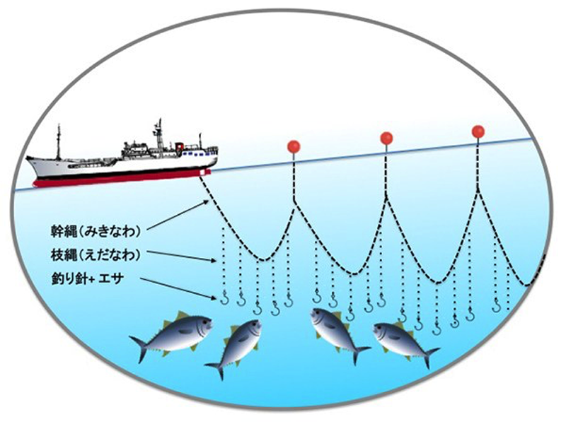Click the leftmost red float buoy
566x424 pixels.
(294, 146)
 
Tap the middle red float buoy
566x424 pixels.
(386, 139)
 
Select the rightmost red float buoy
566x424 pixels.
(478, 131)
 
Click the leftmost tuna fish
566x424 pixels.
(173, 335)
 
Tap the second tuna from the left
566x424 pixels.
(236, 345)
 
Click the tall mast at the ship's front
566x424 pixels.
(59, 141)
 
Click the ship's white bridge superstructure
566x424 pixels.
(159, 145)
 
